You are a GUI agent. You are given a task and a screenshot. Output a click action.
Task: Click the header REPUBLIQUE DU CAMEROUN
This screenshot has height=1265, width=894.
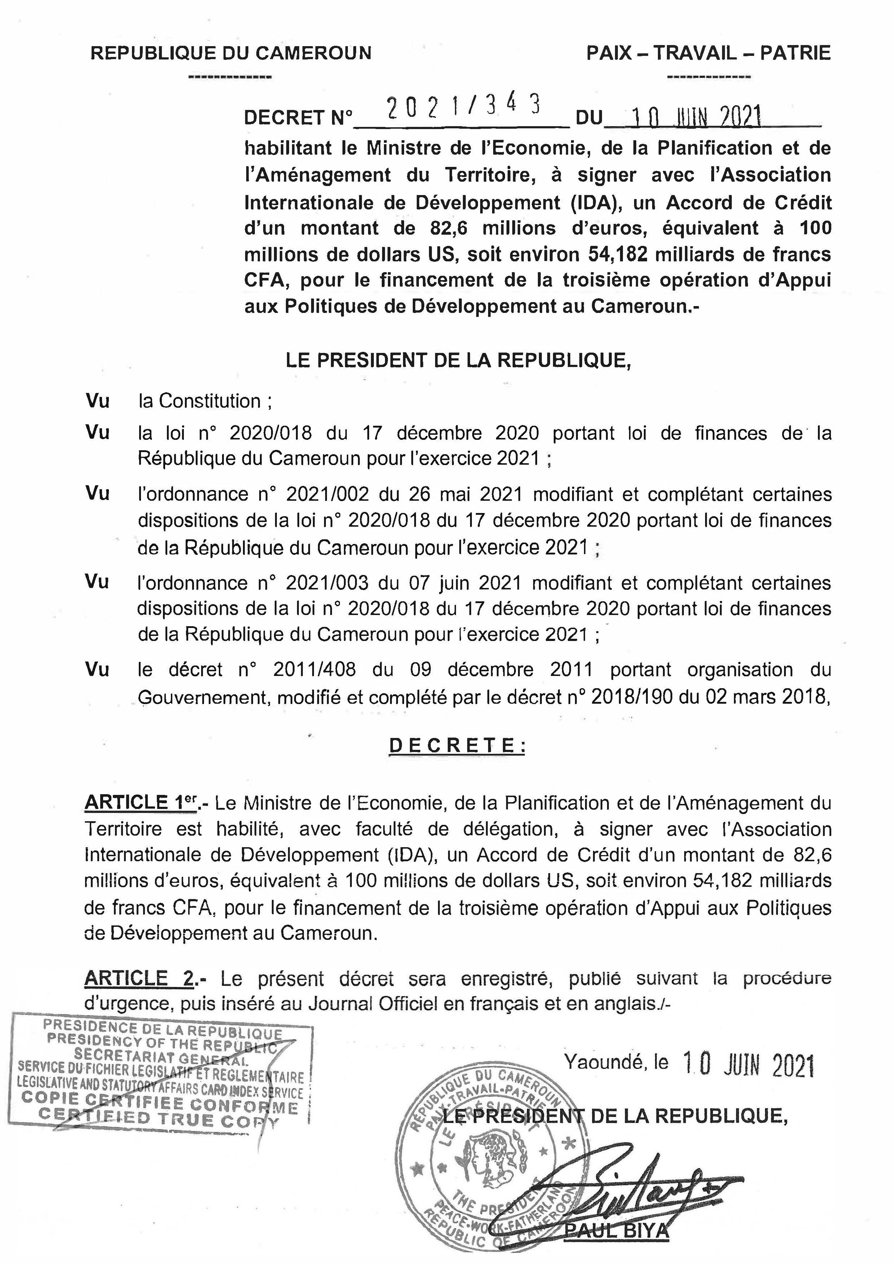coord(231,53)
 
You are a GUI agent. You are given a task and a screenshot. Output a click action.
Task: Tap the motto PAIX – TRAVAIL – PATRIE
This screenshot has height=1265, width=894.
coord(708,53)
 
